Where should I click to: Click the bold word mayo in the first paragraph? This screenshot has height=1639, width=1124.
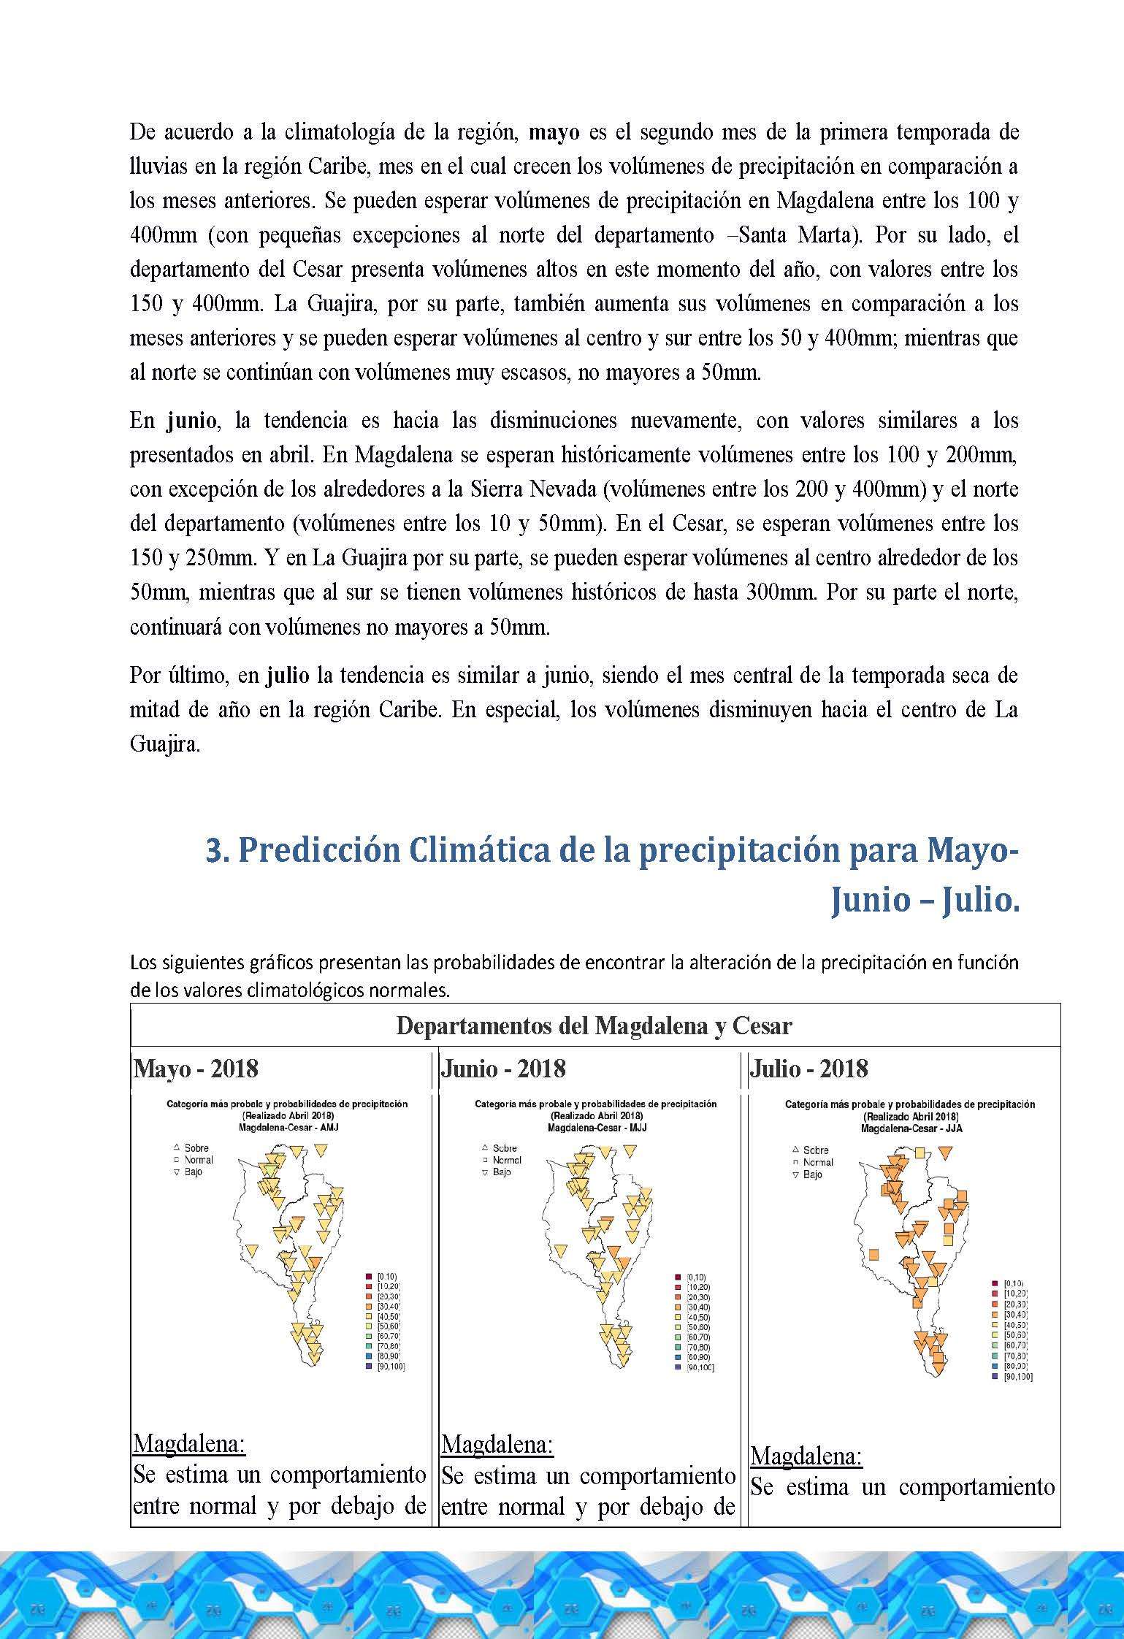point(554,134)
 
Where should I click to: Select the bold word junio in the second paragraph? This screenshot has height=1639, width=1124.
point(191,421)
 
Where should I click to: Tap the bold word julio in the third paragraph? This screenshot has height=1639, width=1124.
point(288,676)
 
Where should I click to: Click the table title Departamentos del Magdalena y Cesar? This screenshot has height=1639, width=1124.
point(594,1026)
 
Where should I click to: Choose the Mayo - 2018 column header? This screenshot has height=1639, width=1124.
point(196,1069)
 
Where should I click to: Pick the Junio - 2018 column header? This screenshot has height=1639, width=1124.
point(504,1069)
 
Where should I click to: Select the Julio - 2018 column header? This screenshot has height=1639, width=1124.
point(809,1069)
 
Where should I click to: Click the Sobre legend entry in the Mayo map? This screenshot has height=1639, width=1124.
point(196,1148)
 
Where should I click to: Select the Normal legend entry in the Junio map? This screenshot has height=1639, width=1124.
point(507,1160)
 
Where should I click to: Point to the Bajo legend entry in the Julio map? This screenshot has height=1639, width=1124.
point(812,1174)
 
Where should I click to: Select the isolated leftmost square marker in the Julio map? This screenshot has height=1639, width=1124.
point(873,1255)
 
